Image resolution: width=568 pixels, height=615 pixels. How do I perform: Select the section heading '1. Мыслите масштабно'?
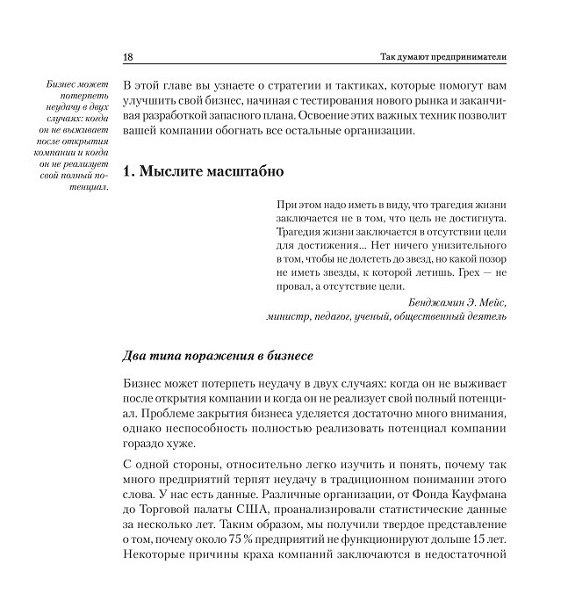tap(198, 171)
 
